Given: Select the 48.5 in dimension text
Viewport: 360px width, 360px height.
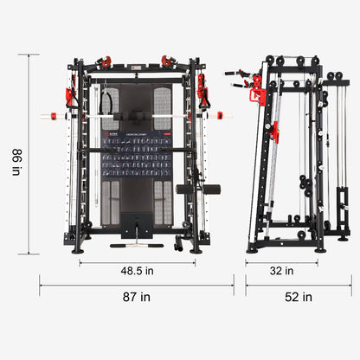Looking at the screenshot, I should [138, 271].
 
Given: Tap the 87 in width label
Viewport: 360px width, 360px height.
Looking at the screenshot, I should [138, 297].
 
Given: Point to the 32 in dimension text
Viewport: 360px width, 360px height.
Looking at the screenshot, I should [281, 271].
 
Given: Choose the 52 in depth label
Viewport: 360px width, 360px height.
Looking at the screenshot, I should [298, 297].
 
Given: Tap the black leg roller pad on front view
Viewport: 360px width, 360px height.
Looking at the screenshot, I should [198, 189].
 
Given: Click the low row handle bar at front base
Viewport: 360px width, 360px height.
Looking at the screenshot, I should [130, 246].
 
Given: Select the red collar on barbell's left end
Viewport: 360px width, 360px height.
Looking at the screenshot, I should [52, 115].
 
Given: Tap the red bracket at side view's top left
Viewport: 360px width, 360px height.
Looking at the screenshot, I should [258, 90].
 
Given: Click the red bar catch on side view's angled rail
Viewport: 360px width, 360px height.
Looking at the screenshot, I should [274, 132].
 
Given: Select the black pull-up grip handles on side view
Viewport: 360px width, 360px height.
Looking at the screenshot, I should [235, 74].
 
